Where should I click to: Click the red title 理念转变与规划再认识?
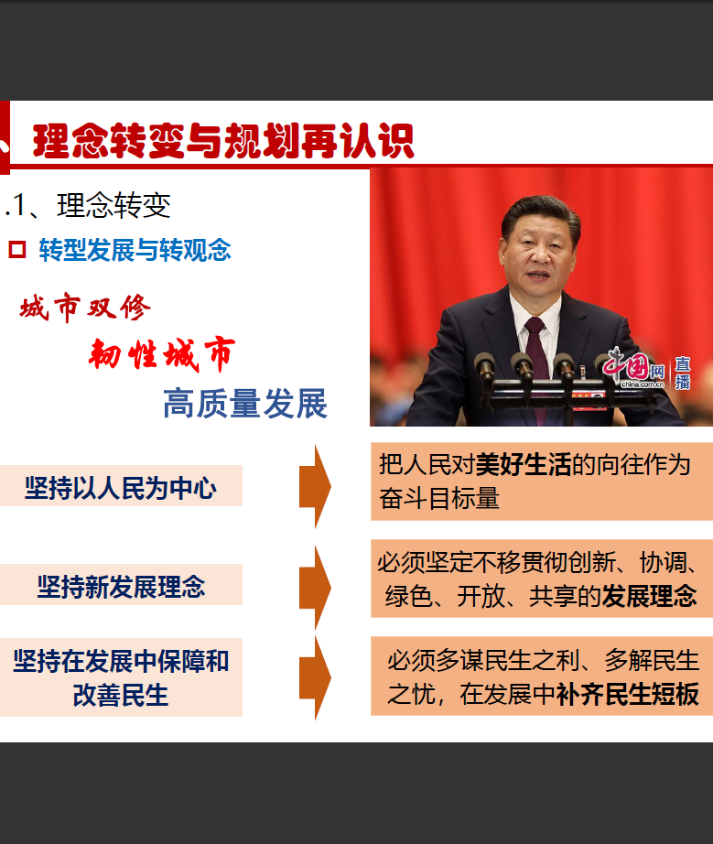[x=223, y=141]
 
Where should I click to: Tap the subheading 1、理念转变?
[x=88, y=205]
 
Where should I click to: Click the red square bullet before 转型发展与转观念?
[x=17, y=249]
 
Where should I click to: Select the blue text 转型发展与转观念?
[x=135, y=250]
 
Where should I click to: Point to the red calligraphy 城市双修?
[x=85, y=308]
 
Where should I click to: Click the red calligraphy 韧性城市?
[x=162, y=354]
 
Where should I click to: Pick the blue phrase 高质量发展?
[x=245, y=403]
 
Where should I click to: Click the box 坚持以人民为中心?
[x=121, y=486]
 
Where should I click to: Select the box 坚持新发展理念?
[x=121, y=585]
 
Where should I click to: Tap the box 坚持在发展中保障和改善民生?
[x=121, y=677]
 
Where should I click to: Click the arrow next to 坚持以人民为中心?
[x=316, y=487]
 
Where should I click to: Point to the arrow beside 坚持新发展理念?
[x=316, y=588]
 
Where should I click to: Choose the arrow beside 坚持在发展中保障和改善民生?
[x=316, y=677]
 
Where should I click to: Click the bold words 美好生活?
[x=524, y=464]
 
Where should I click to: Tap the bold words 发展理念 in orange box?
[x=649, y=597]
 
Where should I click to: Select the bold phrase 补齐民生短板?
[x=628, y=695]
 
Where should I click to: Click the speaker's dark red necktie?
[x=535, y=350]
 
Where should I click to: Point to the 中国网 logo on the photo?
[x=633, y=368]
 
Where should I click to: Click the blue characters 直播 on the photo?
[x=683, y=373]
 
